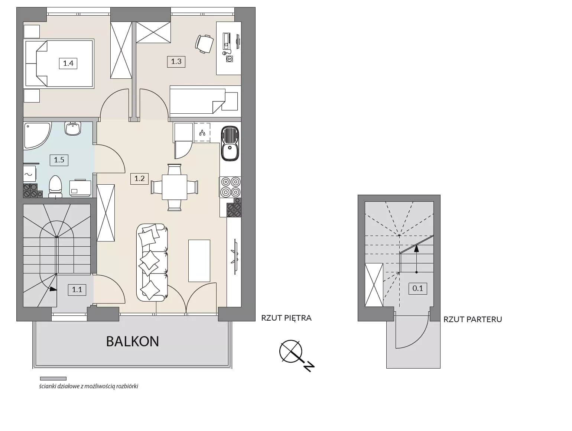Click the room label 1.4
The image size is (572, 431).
[x=68, y=63]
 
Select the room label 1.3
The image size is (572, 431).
[x=176, y=62]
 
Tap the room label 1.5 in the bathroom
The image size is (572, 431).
[x=59, y=160]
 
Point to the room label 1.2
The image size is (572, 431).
[x=139, y=179]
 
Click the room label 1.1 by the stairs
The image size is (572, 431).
[x=77, y=290]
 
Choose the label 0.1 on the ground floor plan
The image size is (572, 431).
[x=417, y=288]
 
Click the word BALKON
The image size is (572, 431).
[x=132, y=341]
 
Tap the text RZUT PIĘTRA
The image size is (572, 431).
[x=286, y=318]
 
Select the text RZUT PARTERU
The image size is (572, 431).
[x=473, y=320]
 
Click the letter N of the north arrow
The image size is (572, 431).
[x=309, y=367]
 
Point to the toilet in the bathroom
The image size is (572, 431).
[x=55, y=187]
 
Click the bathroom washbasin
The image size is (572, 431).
[x=73, y=129]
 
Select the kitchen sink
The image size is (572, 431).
[x=230, y=143]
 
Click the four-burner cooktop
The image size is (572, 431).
[x=230, y=187]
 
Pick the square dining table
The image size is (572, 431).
[x=174, y=187]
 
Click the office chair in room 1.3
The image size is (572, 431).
[x=204, y=44]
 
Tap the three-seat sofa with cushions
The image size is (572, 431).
[x=152, y=263]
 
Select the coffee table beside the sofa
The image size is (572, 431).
[x=199, y=261]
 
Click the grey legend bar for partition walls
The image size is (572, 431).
[x=53, y=379]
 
